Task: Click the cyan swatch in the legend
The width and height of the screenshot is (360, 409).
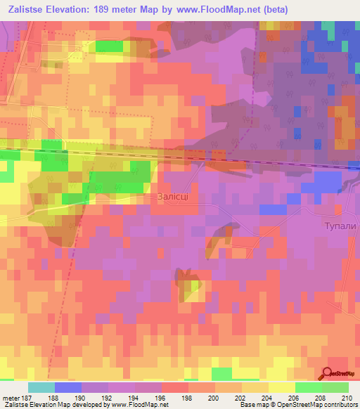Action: point(41,387)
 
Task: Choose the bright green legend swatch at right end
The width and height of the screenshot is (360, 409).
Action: point(335,387)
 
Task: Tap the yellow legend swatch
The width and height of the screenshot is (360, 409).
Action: point(282,387)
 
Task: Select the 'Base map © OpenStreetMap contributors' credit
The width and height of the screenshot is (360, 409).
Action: point(298,405)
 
